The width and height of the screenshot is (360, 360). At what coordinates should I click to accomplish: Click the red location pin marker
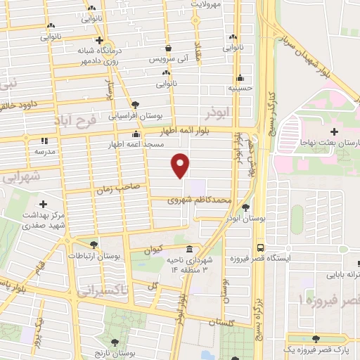[181, 165]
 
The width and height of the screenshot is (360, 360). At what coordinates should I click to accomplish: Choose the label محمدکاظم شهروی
[199, 200]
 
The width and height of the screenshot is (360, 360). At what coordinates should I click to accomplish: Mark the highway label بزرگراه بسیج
[258, 302]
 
